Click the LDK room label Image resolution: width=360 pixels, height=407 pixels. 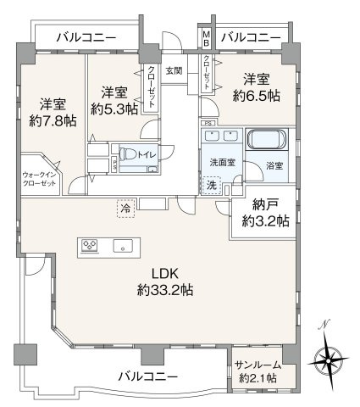pos(165,274)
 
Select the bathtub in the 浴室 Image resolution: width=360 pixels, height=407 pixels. pos(267,139)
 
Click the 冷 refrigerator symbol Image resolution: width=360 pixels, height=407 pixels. pos(125,209)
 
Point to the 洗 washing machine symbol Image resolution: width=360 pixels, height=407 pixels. pos(212,185)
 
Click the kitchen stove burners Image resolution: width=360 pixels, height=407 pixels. pos(90,245)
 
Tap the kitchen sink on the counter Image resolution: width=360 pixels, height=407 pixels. pos(123,245)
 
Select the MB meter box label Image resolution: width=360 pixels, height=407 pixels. pos(207,39)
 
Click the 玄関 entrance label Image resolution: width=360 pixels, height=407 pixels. pos(174,70)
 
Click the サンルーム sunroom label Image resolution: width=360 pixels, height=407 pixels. pos(258,365)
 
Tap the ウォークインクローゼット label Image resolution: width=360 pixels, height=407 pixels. pos(40,179)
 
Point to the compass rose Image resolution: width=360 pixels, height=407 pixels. pos(328,361)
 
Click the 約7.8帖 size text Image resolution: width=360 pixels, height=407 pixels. pos(53,121)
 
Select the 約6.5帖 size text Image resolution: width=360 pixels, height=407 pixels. pos(257,96)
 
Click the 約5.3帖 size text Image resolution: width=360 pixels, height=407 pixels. pos(114,109)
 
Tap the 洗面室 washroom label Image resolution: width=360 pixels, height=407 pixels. pos(223,163)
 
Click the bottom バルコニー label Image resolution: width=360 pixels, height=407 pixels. pos(148,376)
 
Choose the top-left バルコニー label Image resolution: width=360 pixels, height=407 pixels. pos(86,37)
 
